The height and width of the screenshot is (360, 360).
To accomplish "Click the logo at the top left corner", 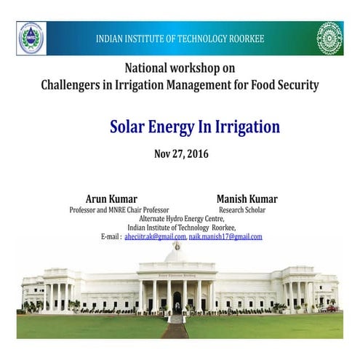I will tap(31, 38).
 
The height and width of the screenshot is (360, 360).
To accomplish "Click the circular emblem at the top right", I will tap(329, 38).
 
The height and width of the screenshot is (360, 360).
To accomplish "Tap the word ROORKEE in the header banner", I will tap(243, 39).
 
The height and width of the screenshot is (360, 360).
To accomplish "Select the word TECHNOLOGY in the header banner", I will tap(192, 39).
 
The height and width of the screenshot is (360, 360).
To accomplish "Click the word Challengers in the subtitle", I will tap(73, 85).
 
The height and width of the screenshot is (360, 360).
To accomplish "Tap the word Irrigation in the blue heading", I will tap(245, 127).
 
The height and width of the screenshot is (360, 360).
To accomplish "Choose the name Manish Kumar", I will tap(247, 199).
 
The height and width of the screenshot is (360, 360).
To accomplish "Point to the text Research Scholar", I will tap(242, 210).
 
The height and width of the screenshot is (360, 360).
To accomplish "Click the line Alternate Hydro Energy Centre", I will tap(182, 219).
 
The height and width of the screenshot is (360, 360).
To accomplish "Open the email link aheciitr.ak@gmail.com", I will tap(155, 237).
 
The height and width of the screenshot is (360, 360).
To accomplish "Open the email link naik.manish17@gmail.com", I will tap(225, 237).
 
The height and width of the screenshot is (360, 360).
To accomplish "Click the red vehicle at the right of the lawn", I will tap(332, 308).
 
